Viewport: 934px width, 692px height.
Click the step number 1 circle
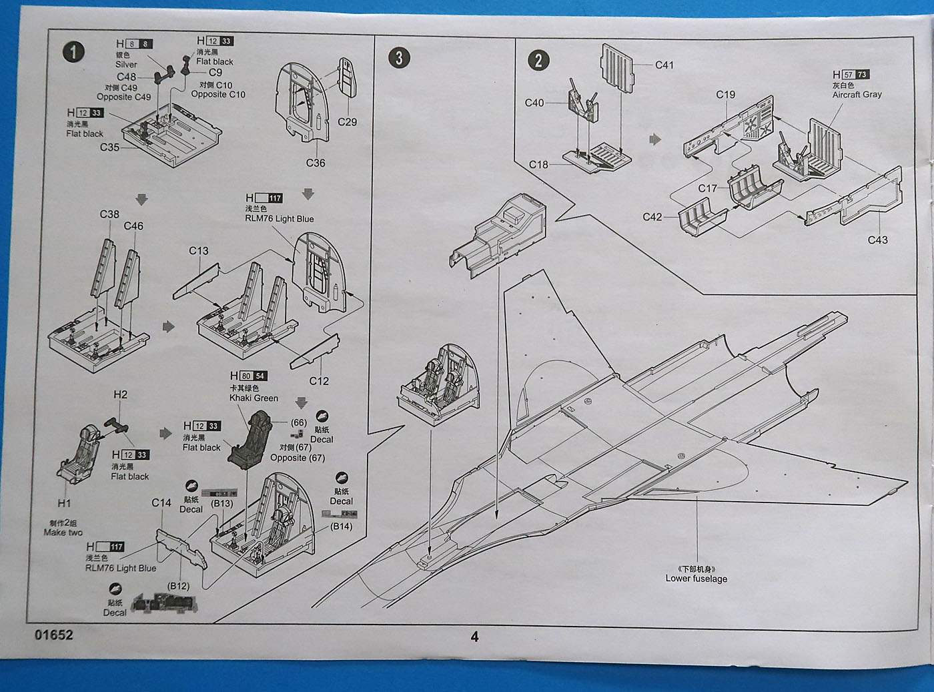coord(73,52)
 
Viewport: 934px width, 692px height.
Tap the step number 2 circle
coord(538,60)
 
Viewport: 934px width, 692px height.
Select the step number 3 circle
coord(399,57)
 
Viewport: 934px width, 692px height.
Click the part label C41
coord(664,65)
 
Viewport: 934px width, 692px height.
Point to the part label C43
coord(877,240)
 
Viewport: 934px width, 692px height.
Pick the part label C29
coord(347,122)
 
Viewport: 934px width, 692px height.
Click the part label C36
coord(316,163)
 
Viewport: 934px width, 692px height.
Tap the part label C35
coord(109,147)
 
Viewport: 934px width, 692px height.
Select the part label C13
coord(198,251)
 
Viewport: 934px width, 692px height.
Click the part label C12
coord(319,381)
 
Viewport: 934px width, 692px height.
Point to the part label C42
coord(652,217)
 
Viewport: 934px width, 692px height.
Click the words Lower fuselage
coord(696,579)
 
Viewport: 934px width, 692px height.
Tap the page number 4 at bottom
coord(474,637)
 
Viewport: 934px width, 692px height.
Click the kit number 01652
coord(54,635)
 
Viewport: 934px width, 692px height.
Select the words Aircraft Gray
coord(857,95)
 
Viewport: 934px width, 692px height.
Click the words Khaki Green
coord(254,398)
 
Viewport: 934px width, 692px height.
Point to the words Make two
coord(63,533)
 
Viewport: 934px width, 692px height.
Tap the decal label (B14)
coord(342,526)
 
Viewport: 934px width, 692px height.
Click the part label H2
coord(120,394)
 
